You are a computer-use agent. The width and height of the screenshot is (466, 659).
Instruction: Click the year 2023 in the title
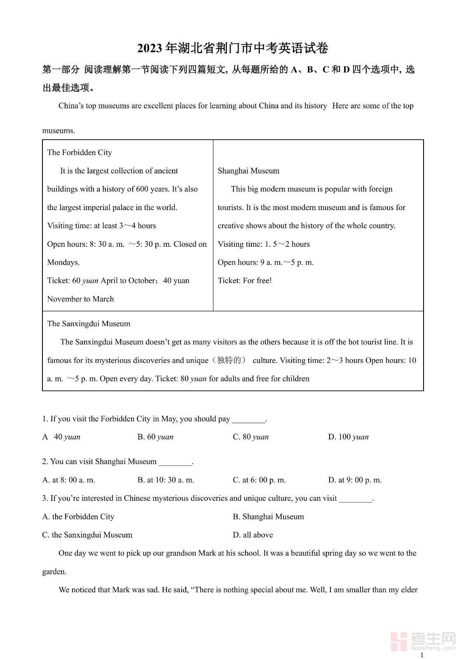[150, 49]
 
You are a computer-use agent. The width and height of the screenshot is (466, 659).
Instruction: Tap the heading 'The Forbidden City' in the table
[80, 152]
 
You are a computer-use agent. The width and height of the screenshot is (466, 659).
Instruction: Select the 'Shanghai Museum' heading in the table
[248, 171]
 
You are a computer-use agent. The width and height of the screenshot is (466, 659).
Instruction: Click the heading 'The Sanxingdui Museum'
[89, 324]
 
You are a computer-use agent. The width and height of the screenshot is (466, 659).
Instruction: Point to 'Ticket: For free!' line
[245, 280]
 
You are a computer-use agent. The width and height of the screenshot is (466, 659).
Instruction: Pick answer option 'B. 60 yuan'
[155, 437]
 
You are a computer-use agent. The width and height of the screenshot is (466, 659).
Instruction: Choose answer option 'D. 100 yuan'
[348, 437]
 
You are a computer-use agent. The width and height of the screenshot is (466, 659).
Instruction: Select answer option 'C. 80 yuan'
[251, 437]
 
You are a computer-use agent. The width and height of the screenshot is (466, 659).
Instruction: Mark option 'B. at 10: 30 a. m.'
[166, 480]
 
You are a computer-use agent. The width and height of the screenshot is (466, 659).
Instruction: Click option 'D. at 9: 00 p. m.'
[355, 480]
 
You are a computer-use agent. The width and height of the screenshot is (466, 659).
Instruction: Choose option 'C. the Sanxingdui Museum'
[87, 535]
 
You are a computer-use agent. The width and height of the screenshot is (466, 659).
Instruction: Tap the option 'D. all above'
[253, 535]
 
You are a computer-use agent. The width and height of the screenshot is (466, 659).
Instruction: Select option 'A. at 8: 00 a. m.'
[68, 480]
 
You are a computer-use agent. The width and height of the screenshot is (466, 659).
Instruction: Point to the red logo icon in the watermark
[398, 641]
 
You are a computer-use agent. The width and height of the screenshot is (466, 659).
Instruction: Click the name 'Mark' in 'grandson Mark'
[207, 553]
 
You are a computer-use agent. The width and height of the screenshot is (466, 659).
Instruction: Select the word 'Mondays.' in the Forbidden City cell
[63, 262]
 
